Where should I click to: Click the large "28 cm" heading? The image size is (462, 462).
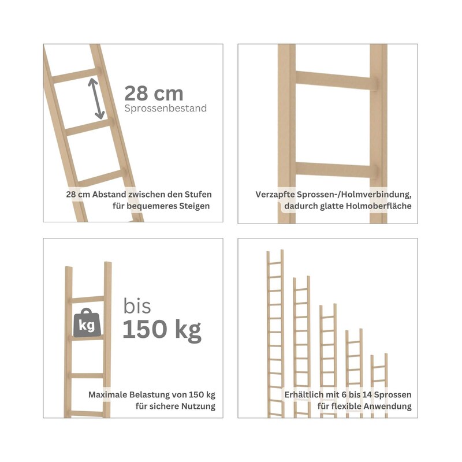(x=154, y=94)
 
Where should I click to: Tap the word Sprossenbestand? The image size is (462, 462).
(x=166, y=108)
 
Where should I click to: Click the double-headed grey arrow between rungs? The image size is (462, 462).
(x=96, y=98)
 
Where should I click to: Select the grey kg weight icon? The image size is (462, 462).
(x=87, y=323)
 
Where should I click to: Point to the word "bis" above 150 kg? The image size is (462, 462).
(x=137, y=306)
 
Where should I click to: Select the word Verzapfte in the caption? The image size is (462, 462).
(x=275, y=195)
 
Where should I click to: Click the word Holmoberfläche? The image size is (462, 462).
(x=379, y=206)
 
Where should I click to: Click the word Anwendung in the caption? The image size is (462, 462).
(x=388, y=407)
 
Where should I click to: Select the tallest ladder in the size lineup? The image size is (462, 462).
(x=275, y=334)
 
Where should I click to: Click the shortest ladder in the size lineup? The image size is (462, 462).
(x=379, y=385)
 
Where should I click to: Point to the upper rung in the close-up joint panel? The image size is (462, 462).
(x=336, y=80)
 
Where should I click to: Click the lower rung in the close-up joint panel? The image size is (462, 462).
(x=336, y=170)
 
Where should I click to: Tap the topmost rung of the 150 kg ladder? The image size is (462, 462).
(x=87, y=300)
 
